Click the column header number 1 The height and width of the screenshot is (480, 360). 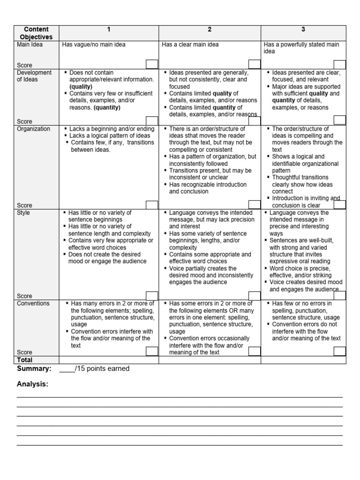coord(109,30)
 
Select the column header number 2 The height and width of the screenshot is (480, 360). coord(210,30)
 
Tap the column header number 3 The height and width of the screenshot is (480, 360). coord(303,30)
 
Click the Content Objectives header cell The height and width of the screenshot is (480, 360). coord(36,33)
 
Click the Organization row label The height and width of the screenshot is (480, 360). coord(33,129)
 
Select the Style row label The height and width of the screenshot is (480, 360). coord(24,213)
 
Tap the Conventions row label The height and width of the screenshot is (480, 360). coord(33,303)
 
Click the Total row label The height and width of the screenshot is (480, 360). coord(25,360)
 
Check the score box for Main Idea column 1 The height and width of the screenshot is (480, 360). coord(152,65)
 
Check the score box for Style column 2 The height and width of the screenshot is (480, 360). coord(254,295)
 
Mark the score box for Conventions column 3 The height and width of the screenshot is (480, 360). coord(339,352)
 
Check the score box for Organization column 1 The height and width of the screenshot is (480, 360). coord(152,205)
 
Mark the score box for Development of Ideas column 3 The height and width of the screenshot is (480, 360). coord(339,120)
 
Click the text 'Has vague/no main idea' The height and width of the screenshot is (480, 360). coord(94,45)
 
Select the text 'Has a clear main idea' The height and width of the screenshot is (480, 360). coord(190,45)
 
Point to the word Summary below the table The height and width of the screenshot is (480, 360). coord(34,369)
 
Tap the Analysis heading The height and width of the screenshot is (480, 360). coord(33,384)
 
